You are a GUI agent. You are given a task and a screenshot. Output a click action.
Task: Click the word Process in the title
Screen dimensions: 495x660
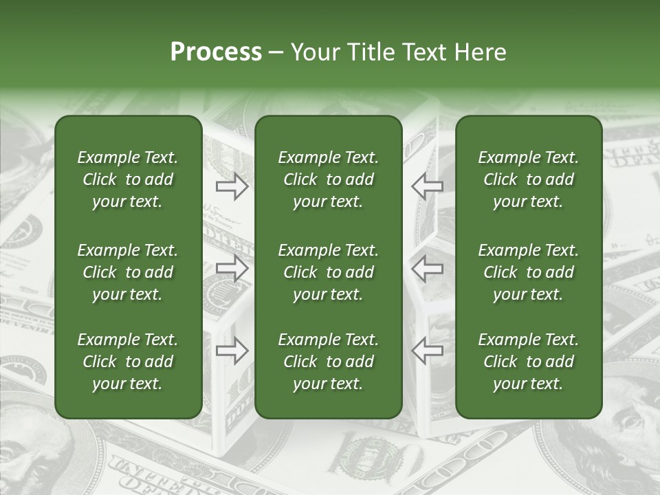[216, 52]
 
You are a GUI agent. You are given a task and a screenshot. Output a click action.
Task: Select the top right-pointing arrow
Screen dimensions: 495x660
[232, 186]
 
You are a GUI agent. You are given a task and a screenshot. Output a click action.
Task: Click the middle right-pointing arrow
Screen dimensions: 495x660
[232, 268]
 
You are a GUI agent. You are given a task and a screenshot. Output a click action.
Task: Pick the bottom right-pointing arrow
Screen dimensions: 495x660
[232, 351]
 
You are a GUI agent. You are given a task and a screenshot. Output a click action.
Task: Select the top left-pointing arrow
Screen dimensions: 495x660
[428, 186]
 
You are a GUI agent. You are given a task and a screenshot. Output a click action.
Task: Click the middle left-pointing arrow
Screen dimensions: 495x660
[428, 268]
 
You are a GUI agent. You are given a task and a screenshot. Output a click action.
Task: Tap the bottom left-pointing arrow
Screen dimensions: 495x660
[428, 351]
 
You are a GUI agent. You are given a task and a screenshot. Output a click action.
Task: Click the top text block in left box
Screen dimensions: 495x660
[128, 179]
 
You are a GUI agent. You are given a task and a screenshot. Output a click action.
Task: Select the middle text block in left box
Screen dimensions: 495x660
[128, 272]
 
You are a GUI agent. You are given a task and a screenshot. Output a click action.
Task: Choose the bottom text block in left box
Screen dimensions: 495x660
[128, 362]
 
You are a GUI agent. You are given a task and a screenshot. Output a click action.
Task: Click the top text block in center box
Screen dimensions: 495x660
[328, 179]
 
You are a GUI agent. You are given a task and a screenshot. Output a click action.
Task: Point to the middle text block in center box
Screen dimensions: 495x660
[328, 272]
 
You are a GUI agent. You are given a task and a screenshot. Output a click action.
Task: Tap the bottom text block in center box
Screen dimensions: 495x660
[328, 362]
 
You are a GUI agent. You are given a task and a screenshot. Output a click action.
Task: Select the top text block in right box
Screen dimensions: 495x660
[528, 179]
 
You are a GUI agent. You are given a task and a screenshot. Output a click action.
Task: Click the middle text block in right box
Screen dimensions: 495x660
[528, 272]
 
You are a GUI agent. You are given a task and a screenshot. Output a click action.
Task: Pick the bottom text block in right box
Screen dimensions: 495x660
[528, 362]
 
